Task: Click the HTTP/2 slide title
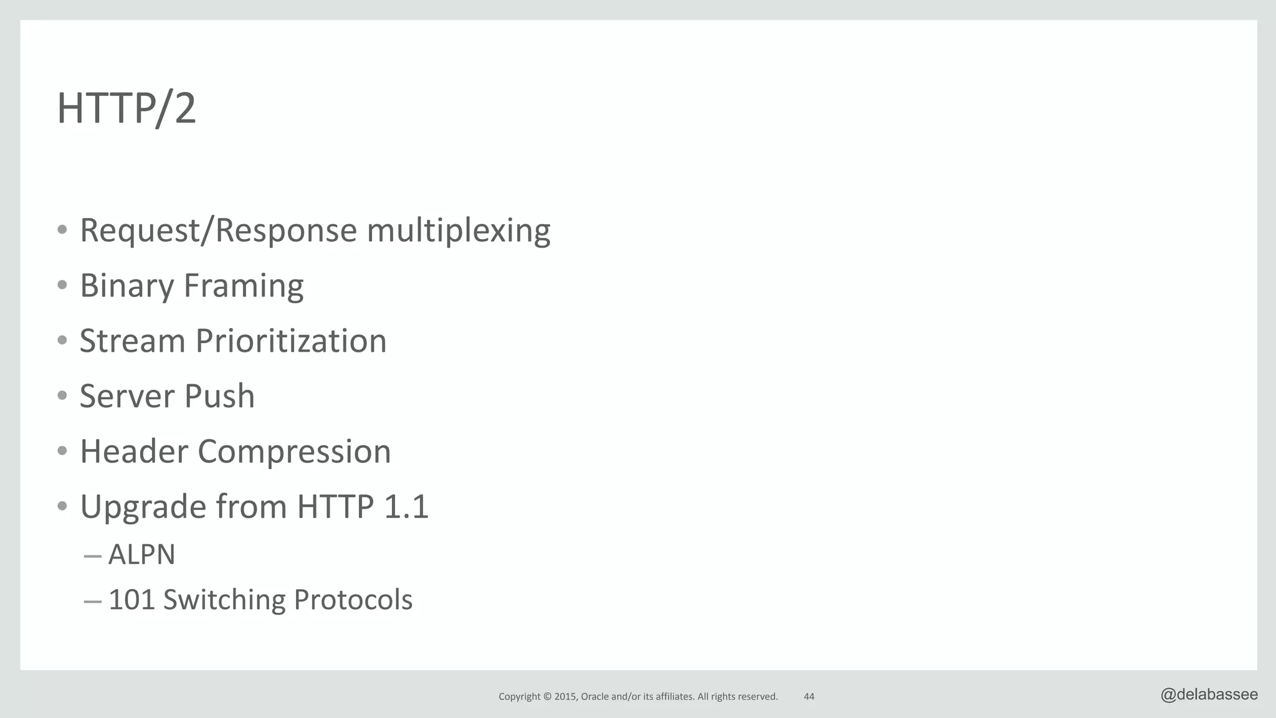pos(126,108)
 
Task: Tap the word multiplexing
pos(458,230)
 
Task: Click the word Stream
pos(132,341)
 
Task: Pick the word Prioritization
pos(291,341)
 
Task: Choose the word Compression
pos(294,451)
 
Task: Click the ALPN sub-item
pos(141,554)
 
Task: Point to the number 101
pos(131,600)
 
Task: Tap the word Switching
pos(224,600)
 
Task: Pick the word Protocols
pos(353,600)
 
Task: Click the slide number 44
pos(809,697)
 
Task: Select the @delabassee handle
pos(1209,695)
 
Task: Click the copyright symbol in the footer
pos(548,697)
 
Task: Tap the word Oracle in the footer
pos(594,697)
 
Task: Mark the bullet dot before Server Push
pos(62,396)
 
